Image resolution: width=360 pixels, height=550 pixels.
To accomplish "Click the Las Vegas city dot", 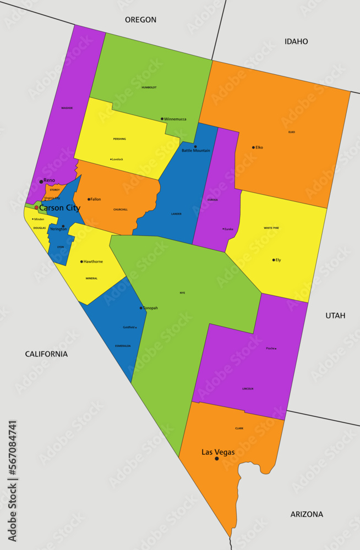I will [x=216, y=458].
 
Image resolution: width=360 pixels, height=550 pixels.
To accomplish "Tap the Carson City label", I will [x=59, y=208].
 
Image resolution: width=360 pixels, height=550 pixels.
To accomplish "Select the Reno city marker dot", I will [x=41, y=181].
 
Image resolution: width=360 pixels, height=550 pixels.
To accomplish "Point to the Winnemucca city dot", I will [x=162, y=119].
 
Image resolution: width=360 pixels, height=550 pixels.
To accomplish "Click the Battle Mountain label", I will [x=196, y=151].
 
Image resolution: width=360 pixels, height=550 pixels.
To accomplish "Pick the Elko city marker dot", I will [x=253, y=147].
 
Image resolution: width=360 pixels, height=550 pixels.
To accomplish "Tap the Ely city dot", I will [x=274, y=260].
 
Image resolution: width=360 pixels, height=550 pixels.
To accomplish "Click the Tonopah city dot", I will [x=141, y=308].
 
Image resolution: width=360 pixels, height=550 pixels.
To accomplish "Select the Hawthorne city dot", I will [x=81, y=262].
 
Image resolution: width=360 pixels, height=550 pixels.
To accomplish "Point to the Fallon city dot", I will [x=89, y=199].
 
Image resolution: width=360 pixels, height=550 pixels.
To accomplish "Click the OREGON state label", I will [x=140, y=20].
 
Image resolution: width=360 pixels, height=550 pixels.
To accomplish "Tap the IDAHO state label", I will [x=296, y=42].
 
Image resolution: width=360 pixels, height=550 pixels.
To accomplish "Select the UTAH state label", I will [x=335, y=316].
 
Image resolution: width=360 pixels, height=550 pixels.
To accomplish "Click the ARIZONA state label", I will [x=307, y=514].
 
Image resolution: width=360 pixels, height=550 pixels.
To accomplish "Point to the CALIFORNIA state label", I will [x=46, y=354].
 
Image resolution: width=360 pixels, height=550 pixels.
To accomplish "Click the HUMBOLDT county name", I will [x=149, y=87].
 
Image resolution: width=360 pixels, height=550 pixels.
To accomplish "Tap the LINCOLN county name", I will [x=248, y=389].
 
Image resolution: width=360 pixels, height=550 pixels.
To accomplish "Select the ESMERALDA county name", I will [x=123, y=346].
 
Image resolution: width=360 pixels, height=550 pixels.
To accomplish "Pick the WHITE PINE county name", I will [x=271, y=228].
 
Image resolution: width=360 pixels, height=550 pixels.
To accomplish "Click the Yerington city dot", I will [x=63, y=226].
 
